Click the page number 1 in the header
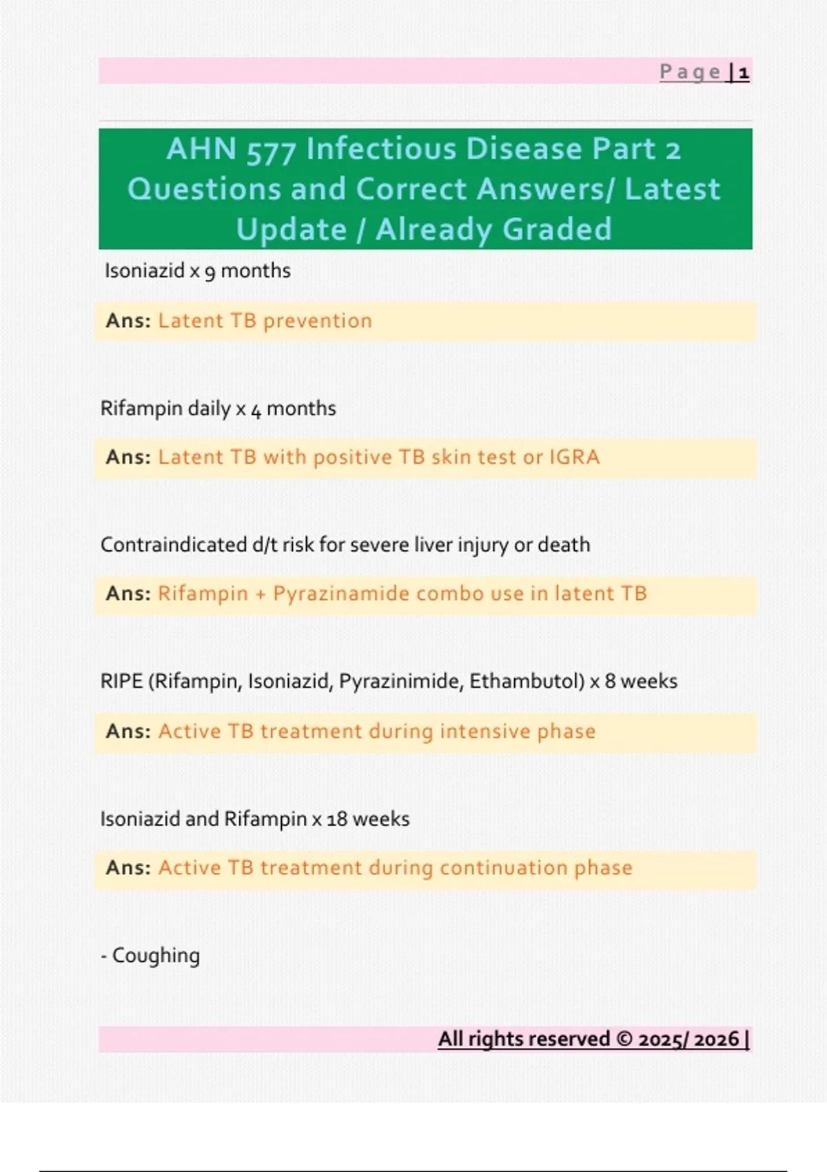(x=744, y=72)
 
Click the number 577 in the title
(x=272, y=150)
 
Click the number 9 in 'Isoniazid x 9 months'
(x=210, y=272)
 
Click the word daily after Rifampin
(x=209, y=408)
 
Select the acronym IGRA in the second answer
(x=574, y=457)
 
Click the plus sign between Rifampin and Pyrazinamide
(x=260, y=594)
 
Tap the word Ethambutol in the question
(x=527, y=681)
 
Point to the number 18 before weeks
(x=336, y=819)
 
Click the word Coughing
(x=156, y=956)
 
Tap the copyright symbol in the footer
(x=624, y=1039)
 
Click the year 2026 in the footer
(x=717, y=1039)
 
